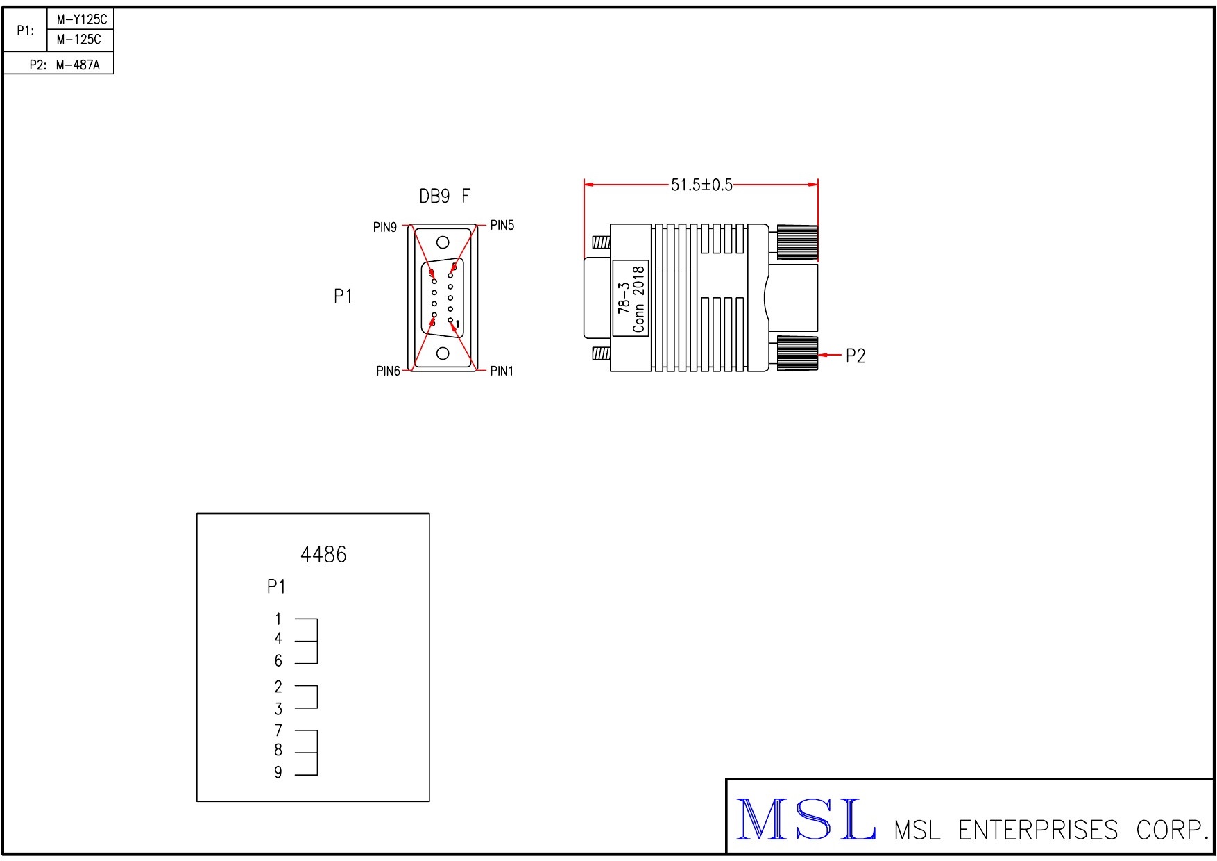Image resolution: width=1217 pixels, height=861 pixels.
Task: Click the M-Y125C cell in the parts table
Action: tap(82, 19)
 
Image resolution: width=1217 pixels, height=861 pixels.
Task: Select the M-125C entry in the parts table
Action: tap(79, 40)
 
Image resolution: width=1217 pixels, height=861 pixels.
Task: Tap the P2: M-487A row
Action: tap(65, 65)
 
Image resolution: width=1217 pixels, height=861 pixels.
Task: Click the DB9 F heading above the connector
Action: tap(445, 197)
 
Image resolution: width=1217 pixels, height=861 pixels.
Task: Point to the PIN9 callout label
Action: tap(385, 228)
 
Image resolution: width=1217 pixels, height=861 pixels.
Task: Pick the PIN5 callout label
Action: tap(502, 225)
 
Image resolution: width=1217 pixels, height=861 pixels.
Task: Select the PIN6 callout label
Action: tap(389, 371)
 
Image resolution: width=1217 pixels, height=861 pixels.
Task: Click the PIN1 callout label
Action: tap(502, 371)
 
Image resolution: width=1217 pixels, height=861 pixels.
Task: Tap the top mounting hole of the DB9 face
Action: tap(443, 242)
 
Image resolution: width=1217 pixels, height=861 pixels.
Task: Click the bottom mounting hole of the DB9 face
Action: tap(443, 353)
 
